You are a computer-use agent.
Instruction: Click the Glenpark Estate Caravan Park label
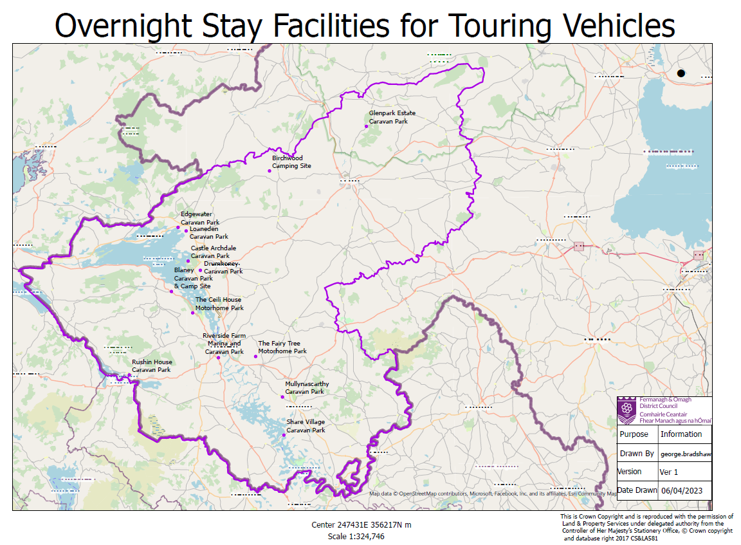coord(388,117)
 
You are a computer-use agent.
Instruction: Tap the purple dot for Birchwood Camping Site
coord(270,171)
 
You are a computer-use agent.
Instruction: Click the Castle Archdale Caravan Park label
coord(213,252)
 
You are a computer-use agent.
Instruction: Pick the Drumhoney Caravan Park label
coord(223,268)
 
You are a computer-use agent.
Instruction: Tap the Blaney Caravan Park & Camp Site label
coord(192,278)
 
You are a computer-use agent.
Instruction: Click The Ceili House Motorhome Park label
coord(219,304)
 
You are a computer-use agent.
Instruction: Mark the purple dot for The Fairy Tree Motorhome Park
coord(256,356)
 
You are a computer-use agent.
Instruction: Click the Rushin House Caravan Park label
coord(152,366)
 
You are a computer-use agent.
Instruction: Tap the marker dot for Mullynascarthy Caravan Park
coord(282,397)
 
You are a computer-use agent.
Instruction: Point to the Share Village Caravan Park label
coord(306,426)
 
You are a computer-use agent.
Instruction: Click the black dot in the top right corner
coord(681,73)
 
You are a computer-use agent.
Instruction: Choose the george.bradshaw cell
coord(686,454)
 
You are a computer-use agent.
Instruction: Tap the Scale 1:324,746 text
coord(356,536)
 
